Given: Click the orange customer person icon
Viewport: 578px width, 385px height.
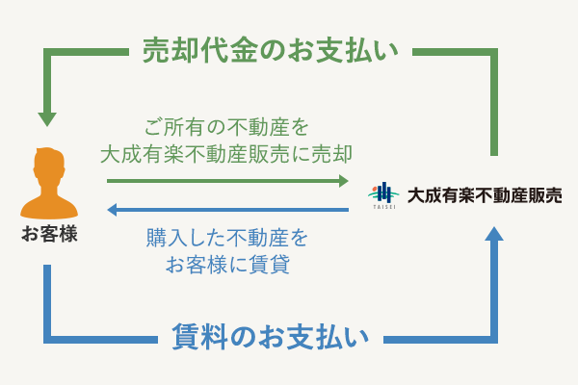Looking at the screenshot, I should click(x=49, y=184).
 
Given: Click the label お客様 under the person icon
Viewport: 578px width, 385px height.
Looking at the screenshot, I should click(x=49, y=234).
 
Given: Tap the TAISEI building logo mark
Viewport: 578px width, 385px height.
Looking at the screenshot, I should click(x=383, y=191).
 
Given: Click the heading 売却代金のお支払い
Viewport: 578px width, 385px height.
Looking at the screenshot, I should click(x=270, y=49).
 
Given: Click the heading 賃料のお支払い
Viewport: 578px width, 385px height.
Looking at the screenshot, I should click(x=270, y=336).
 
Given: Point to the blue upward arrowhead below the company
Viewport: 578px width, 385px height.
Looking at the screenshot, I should click(x=494, y=234).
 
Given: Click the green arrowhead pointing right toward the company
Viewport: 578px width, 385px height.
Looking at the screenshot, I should click(x=343, y=180).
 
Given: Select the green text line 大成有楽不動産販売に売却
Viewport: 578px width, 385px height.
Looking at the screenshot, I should click(x=227, y=153).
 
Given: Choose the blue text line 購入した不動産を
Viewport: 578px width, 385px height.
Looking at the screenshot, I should click(x=228, y=236).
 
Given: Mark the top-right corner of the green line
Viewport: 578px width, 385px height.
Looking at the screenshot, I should click(x=494, y=50).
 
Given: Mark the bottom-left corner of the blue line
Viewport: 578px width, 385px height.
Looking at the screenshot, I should click(x=46, y=338).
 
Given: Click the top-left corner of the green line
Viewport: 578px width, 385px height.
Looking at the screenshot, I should click(x=46, y=50).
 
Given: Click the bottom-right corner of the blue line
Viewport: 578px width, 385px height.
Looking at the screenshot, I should click(x=494, y=338).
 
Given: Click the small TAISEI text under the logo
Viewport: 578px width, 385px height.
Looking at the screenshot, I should click(x=383, y=206).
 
